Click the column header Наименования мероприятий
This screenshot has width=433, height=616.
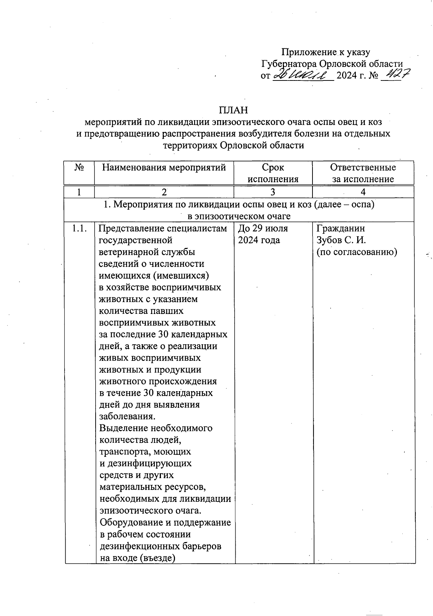164,167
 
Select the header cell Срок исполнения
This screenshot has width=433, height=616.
273,173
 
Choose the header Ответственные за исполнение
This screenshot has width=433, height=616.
363,173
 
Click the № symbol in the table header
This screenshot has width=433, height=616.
79,167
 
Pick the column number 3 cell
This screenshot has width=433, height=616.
273,192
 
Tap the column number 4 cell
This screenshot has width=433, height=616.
363,192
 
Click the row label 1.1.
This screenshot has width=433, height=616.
79,228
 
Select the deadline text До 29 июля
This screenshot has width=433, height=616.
263,228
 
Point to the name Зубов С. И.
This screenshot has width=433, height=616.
341,240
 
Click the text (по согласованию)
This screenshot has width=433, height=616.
357,252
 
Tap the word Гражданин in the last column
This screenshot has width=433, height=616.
341,228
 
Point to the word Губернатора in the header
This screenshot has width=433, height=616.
289,64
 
